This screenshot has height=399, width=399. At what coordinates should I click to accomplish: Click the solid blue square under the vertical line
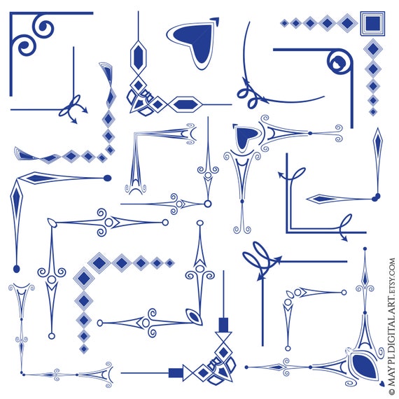coord(224,325)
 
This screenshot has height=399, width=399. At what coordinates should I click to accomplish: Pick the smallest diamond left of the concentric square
coord(284,24)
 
